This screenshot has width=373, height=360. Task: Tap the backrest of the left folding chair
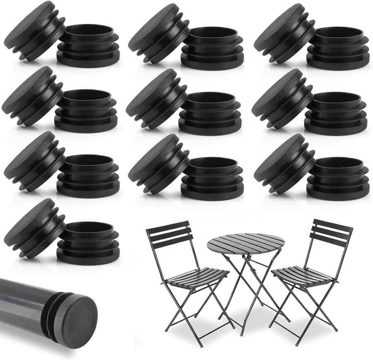tap(170, 234)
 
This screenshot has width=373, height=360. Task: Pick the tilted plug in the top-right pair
tap(284, 33)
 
